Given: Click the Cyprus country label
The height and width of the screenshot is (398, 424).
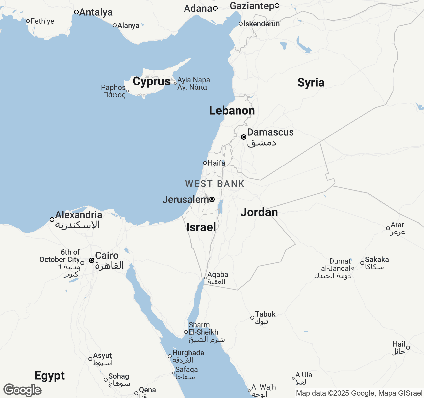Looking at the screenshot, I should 151,81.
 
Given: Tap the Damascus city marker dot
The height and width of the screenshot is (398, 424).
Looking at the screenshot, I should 243,137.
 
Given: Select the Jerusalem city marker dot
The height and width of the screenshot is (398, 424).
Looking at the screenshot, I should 212,199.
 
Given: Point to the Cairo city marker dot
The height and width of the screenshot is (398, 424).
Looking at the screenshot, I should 92,260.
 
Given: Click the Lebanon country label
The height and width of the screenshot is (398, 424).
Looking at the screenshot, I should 232,110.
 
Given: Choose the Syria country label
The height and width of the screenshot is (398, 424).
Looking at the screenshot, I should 311,82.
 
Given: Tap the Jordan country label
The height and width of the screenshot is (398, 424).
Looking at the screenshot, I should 259,212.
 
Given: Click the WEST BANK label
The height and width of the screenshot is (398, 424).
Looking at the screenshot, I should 215,184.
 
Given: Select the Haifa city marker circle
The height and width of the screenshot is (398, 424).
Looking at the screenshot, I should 205,163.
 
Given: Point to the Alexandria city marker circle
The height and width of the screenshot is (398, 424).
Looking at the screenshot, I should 52,220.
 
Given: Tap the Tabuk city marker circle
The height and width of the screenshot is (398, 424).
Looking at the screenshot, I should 252,318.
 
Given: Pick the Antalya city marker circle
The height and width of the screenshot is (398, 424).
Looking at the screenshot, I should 76,12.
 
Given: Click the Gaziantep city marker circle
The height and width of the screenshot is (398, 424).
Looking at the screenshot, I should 277,6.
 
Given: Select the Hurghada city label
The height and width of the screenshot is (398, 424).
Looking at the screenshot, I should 188,353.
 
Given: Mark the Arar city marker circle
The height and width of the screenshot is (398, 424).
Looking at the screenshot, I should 388,228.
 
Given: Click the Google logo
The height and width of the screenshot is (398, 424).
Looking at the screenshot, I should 22,390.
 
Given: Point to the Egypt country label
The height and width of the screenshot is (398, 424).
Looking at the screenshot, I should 50,376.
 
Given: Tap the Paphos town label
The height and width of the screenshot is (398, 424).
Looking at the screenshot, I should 113,88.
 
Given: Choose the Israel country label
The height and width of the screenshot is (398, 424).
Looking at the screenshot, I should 201,227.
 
